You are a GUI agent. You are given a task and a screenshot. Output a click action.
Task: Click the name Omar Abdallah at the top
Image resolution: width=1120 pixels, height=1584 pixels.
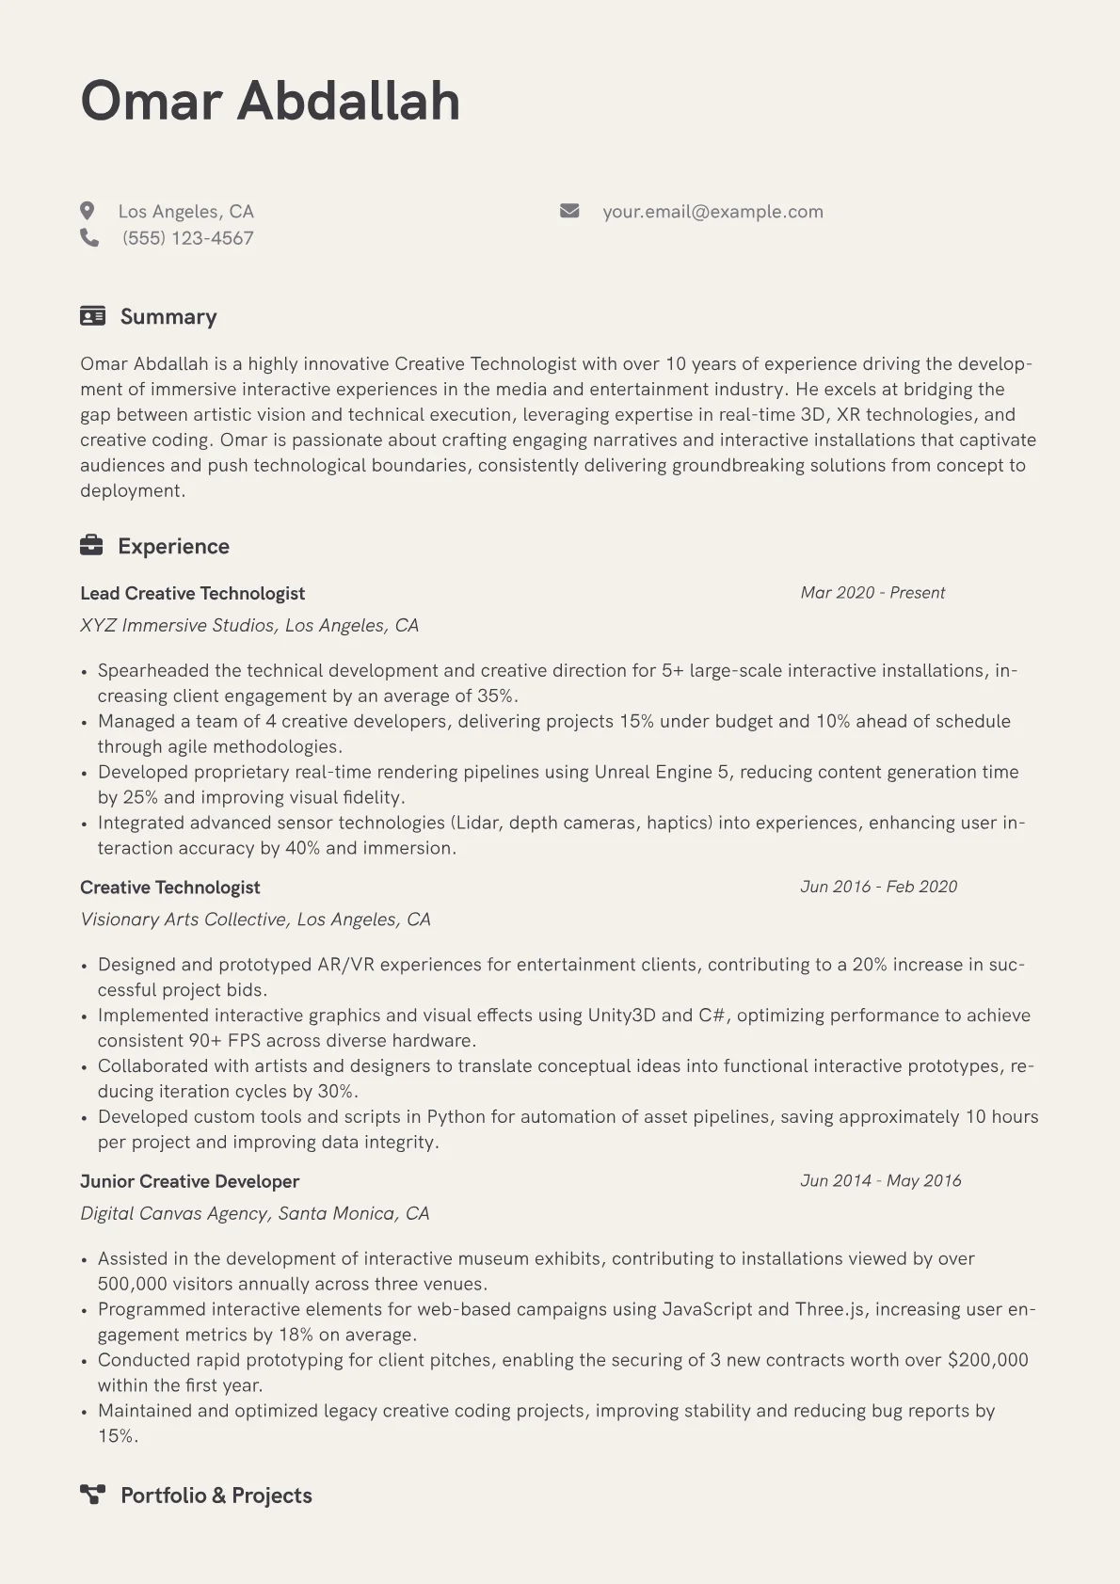270,101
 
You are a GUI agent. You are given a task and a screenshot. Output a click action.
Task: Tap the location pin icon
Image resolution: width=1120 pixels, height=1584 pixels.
88,211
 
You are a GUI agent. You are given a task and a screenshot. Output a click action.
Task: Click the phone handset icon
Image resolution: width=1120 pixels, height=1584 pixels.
89,237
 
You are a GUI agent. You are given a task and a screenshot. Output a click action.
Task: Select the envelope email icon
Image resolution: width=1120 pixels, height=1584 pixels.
569,211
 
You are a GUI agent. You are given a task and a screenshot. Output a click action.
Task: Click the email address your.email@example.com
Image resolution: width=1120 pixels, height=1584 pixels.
712,212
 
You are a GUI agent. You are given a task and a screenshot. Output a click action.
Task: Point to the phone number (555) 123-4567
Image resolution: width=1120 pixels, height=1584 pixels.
187,238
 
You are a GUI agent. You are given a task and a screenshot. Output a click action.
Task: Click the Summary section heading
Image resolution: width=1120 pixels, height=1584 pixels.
168,316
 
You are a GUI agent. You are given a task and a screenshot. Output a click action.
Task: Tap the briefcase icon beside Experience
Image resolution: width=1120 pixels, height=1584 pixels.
91,545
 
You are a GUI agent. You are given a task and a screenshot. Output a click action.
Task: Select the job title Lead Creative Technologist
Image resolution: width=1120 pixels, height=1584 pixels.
192,593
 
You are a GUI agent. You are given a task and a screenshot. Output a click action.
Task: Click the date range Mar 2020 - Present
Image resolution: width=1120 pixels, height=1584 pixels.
872,593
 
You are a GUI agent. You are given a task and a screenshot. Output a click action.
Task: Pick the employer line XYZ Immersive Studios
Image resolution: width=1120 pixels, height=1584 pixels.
249,625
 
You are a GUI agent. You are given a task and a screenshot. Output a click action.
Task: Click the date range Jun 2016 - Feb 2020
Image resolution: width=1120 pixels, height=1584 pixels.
878,887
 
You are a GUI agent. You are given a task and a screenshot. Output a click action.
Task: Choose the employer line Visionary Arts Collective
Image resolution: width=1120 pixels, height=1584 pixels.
255,920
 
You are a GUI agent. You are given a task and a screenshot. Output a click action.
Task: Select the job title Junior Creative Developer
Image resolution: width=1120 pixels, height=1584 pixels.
189,1181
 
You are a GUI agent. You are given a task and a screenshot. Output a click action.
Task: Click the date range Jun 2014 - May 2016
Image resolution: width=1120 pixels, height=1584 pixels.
880,1180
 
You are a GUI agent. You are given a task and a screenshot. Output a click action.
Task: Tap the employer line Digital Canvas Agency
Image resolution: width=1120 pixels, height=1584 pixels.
254,1213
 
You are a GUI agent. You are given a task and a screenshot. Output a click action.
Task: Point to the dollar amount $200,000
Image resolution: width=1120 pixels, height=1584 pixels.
987,1360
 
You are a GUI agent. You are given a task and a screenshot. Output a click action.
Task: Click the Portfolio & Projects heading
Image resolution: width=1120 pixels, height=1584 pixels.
216,1496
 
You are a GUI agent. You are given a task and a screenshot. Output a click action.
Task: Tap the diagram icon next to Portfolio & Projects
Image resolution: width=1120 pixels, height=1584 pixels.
92,1495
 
